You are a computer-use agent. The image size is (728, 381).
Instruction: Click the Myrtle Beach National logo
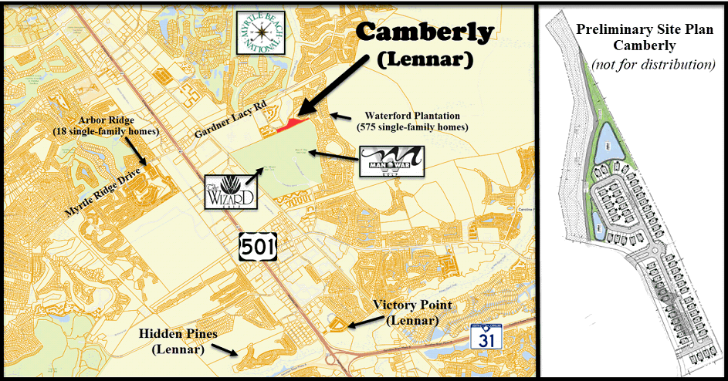(x=261, y=33)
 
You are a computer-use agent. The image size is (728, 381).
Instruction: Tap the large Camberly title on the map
(x=425, y=32)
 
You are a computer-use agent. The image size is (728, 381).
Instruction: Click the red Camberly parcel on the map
(x=293, y=123)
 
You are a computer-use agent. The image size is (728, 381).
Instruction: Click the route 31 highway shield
(x=480, y=337)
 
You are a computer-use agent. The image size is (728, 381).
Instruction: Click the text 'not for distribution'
(x=653, y=65)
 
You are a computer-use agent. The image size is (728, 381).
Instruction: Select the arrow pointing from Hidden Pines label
(x=225, y=349)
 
